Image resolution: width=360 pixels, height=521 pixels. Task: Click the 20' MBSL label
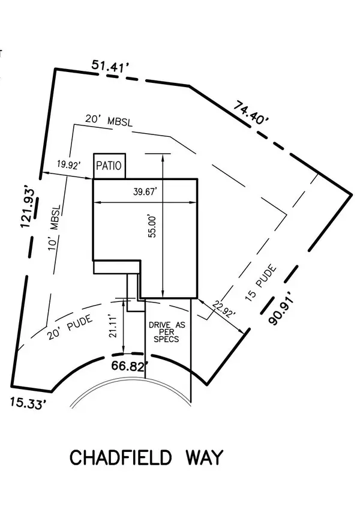pos(109,120)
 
